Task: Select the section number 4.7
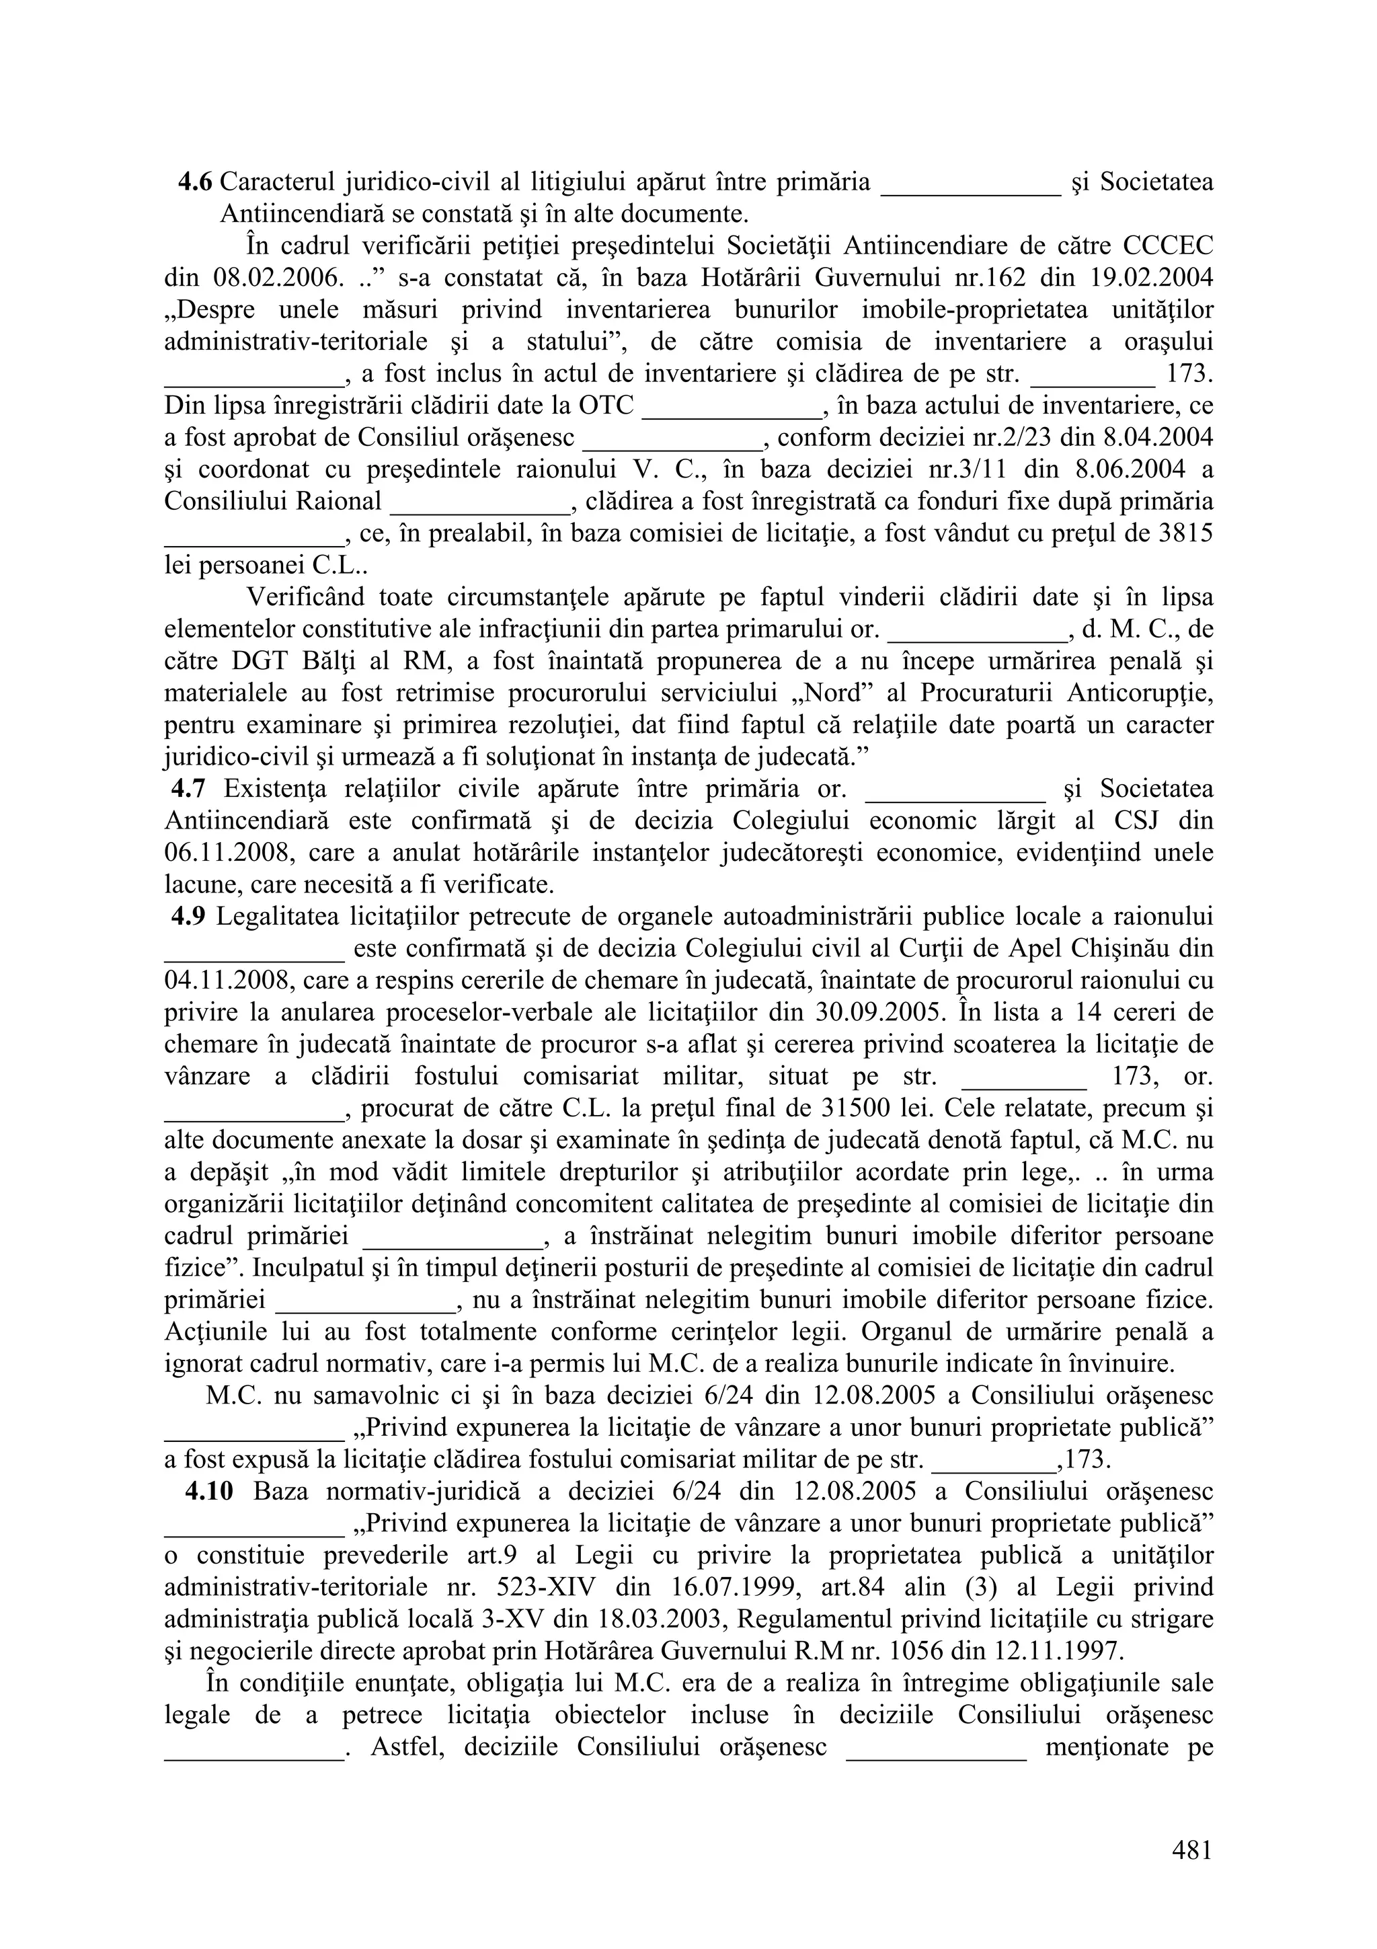click(188, 790)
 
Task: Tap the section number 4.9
click(188, 917)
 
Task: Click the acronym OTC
click(606, 406)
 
